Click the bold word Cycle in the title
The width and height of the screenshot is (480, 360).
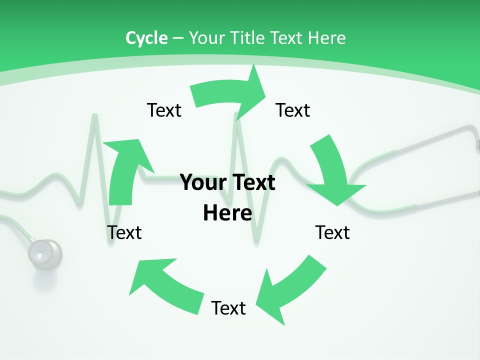pyautogui.click(x=146, y=38)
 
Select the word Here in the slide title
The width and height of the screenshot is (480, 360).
pyautogui.click(x=326, y=38)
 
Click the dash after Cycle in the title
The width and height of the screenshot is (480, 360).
pyautogui.click(x=178, y=38)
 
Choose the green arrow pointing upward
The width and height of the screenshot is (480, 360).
pyautogui.click(x=125, y=170)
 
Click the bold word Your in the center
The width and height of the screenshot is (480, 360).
pyautogui.click(x=199, y=182)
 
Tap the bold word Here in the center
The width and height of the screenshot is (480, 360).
pyautogui.click(x=227, y=213)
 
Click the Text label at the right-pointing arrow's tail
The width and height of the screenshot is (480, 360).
pyautogui.click(x=164, y=110)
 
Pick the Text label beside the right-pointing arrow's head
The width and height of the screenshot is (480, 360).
pyautogui.click(x=293, y=110)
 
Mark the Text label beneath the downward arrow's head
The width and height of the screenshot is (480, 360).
pyautogui.click(x=332, y=232)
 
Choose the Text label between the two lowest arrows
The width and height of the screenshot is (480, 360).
pyautogui.click(x=228, y=308)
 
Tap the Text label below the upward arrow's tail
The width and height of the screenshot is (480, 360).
pyautogui.click(x=124, y=232)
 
